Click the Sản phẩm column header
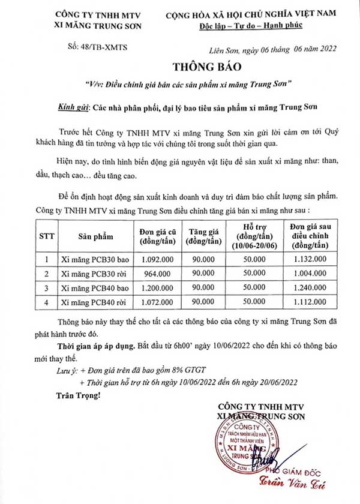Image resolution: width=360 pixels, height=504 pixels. (95, 237)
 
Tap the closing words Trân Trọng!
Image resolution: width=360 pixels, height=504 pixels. (75, 396)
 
